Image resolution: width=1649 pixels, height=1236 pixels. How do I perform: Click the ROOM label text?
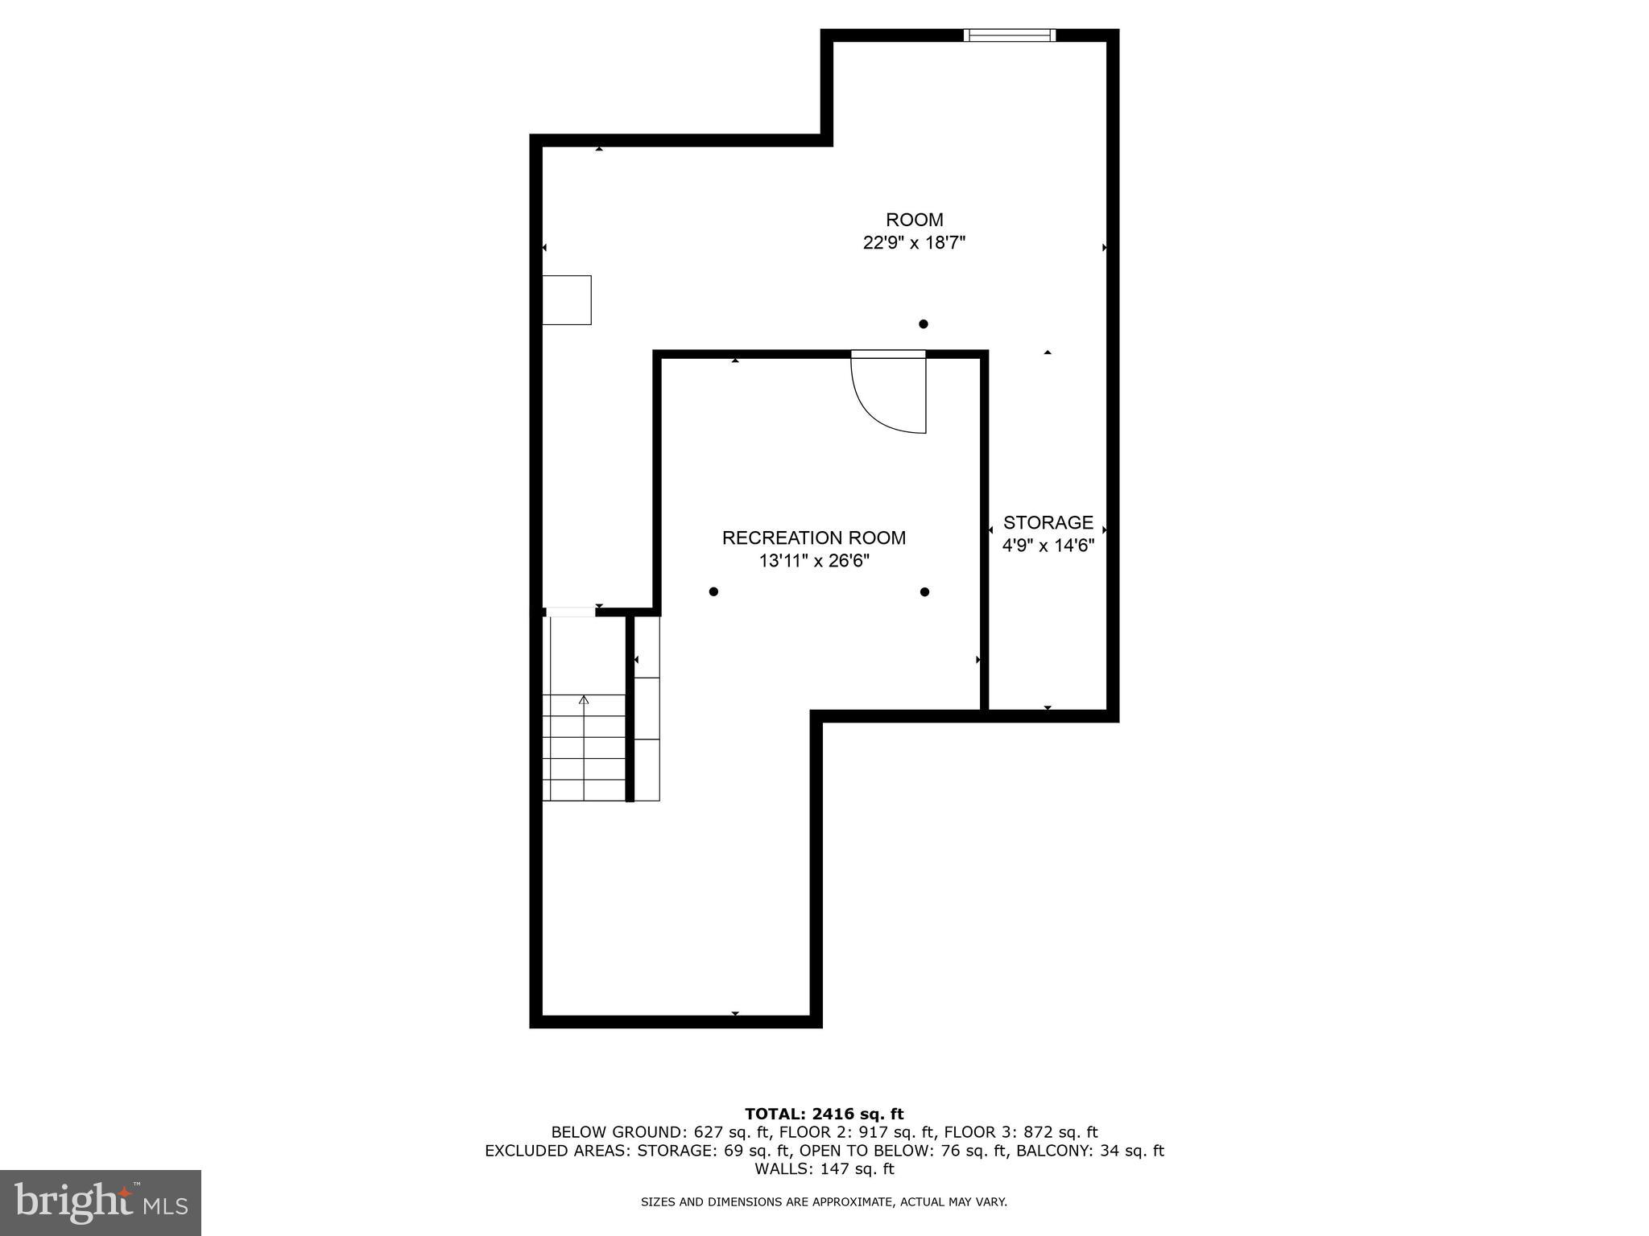point(914,220)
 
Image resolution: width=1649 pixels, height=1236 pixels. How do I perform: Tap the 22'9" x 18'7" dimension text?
point(914,243)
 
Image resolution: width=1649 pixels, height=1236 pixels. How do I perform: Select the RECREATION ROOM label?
point(813,538)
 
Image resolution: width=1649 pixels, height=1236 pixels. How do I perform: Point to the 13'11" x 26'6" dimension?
point(814,561)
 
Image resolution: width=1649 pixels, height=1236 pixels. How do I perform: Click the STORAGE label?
point(1048,522)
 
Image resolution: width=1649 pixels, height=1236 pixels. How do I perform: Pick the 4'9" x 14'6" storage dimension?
point(1048,546)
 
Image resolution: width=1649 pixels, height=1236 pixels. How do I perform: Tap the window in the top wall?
point(1009,35)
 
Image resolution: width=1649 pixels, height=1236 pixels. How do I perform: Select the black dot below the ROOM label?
point(924,324)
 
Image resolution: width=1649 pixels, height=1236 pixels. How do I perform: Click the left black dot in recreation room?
point(713,592)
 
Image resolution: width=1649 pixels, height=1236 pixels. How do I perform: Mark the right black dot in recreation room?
point(924,592)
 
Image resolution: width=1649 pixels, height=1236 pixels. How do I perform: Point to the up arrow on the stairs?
point(584,700)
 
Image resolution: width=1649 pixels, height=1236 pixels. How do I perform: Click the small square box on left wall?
point(567,300)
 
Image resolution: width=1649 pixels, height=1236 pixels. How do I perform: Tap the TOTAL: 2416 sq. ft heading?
point(824,1114)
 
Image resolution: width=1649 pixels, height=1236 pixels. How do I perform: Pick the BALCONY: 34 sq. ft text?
point(1089,1151)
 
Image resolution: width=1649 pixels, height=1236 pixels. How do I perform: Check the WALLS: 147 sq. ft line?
point(824,1169)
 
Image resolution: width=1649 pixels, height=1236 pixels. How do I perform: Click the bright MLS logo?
point(101,1202)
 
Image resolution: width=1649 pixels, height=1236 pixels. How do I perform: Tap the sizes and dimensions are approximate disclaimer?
point(824,1202)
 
